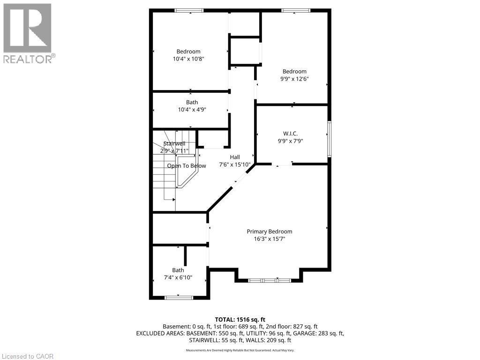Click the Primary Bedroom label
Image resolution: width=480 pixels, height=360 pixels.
(270, 231)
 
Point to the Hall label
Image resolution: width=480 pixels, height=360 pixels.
(235, 157)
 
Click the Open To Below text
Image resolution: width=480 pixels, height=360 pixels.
(187, 166)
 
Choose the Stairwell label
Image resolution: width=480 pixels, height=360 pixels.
(174, 143)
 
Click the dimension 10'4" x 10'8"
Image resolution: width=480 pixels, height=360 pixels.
(188, 59)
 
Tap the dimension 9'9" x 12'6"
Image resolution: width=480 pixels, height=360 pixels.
(294, 79)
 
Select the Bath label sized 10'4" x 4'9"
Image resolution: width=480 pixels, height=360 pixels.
(192, 102)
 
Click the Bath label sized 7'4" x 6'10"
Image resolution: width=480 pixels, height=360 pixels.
(178, 270)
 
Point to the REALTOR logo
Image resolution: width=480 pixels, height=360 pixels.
(28, 33)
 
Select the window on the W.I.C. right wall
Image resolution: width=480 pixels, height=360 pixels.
(329, 139)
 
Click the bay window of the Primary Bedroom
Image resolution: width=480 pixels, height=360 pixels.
(270, 280)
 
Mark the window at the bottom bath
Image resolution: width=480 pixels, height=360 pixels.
(179, 297)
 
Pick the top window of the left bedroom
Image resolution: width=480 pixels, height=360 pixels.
(189, 10)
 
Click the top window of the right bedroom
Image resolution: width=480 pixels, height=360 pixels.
(296, 10)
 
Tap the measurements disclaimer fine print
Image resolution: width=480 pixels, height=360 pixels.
(240, 350)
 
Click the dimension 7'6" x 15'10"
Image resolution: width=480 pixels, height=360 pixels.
(235, 165)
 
